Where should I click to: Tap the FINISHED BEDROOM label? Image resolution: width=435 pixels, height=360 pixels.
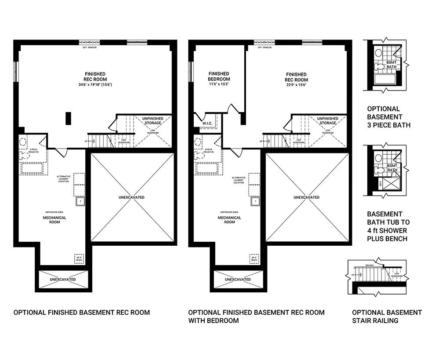[x=219, y=76]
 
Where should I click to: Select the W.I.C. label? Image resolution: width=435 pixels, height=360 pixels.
[x=207, y=124]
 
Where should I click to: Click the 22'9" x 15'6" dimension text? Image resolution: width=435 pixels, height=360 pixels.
[x=296, y=85]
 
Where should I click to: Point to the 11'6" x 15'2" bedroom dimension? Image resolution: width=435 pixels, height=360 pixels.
[x=219, y=84]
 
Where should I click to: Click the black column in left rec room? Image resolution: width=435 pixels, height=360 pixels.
[x=68, y=118]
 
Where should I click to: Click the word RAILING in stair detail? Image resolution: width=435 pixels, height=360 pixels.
[x=370, y=265]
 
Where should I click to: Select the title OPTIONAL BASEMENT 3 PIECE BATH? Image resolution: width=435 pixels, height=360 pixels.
[x=388, y=117]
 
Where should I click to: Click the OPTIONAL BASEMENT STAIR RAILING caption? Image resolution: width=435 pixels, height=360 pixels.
[x=387, y=316]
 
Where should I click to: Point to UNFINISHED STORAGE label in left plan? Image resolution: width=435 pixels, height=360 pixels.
[x=151, y=120]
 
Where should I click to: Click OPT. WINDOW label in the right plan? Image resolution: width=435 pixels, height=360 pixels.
[x=266, y=47]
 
